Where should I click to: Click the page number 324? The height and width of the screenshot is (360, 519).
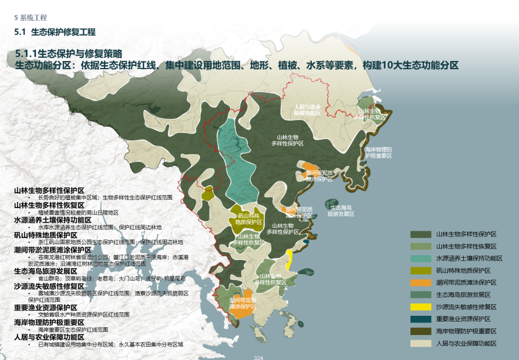coord(259,357)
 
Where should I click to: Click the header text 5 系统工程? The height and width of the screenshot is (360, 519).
coord(31,18)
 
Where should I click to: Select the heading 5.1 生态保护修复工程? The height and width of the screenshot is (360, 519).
coord(55,32)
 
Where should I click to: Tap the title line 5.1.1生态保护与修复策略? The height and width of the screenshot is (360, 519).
coord(69,53)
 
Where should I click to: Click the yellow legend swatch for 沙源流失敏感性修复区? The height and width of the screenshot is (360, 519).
coord(420,307)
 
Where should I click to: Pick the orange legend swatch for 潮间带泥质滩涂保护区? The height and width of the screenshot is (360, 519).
coord(420,283)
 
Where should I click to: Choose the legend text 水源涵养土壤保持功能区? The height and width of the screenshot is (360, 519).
coord(469,258)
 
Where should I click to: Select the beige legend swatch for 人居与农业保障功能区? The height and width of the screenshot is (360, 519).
coord(420,343)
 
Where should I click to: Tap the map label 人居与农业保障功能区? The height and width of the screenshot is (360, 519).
coord(308,110)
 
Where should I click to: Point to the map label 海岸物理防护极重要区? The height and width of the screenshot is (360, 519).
coord(378,152)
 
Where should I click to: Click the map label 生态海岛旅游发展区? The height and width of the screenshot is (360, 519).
coord(341,211)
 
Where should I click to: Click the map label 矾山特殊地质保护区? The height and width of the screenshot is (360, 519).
coord(248,219)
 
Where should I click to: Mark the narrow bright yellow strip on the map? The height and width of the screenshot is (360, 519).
coord(289,260)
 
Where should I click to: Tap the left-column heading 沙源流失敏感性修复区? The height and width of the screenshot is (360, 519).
coord(52,286)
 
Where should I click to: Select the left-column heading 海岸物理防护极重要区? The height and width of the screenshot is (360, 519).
coord(49,322)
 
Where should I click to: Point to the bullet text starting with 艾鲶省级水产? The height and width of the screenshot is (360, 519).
coord(84,314)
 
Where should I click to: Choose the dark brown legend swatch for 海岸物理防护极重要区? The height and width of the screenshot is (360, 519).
coord(420,331)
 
